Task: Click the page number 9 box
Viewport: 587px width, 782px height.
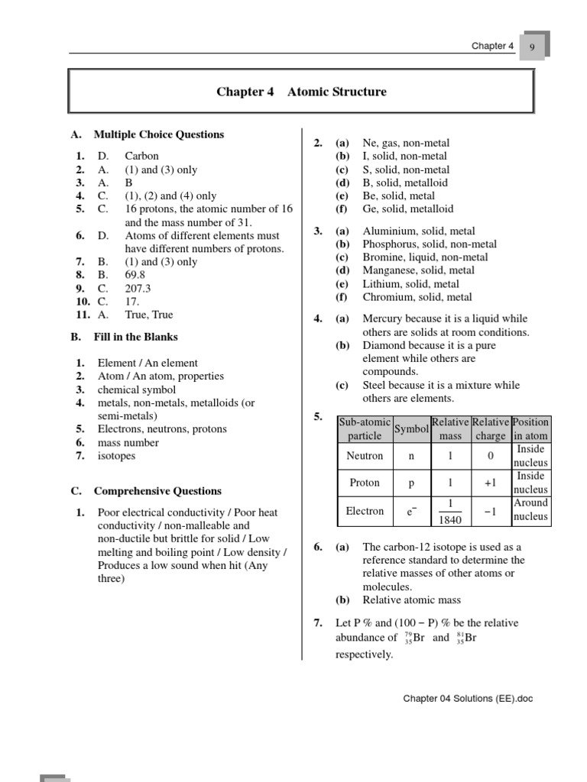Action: pos(532,47)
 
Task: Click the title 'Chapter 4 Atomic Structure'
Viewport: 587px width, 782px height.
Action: pos(301,92)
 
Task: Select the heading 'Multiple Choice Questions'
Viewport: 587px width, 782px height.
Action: pos(158,134)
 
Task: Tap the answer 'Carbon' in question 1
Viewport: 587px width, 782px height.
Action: pos(142,156)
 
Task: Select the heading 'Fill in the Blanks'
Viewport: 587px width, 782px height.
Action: pos(135,337)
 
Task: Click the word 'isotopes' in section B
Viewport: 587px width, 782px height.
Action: pos(116,456)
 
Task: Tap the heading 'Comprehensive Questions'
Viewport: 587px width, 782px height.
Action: pos(157,491)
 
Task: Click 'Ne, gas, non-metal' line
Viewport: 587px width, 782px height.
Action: pos(406,143)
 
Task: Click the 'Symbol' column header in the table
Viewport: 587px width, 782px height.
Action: pos(411,429)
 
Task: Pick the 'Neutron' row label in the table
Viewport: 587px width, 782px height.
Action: pos(365,456)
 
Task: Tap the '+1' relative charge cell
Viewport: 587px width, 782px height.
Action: pos(490,483)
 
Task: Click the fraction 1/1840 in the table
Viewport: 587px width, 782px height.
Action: pos(450,512)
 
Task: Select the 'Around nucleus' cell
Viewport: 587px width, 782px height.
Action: pos(530,510)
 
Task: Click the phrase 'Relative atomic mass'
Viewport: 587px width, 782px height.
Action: pos(411,600)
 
